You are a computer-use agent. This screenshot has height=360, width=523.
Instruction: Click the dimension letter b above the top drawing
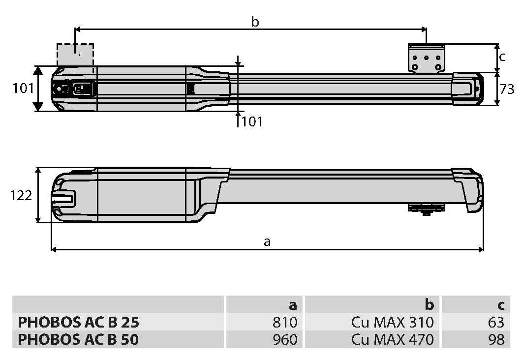(x=255, y=22)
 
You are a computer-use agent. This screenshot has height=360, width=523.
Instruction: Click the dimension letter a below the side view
(x=267, y=241)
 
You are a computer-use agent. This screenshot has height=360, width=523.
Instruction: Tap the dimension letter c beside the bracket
(x=502, y=57)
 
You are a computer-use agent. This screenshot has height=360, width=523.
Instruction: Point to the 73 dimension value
(x=507, y=90)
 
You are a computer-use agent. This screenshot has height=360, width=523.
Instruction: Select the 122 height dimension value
(x=21, y=195)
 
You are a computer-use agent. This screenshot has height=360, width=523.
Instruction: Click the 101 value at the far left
(x=23, y=89)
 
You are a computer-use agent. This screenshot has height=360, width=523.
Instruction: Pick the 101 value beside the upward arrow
(x=252, y=121)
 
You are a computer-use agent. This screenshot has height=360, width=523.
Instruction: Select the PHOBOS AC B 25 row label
(x=78, y=322)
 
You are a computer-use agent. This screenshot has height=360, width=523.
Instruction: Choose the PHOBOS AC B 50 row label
(x=78, y=339)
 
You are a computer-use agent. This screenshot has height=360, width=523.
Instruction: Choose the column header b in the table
(x=430, y=304)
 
